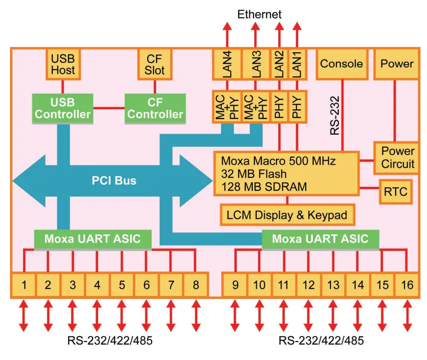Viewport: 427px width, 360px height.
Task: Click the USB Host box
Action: coord(63,64)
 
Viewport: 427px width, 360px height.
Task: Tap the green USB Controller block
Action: coord(63,108)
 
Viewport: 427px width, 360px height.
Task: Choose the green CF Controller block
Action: coord(155,108)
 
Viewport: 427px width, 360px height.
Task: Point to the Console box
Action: coord(341,64)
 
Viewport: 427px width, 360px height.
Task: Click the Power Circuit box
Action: coord(397,157)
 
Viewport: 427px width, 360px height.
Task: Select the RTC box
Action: coord(395,191)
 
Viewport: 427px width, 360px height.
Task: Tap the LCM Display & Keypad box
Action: coord(287,215)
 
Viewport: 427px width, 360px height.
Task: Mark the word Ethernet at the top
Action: coord(259,14)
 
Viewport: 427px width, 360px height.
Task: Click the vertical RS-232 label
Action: coord(334,116)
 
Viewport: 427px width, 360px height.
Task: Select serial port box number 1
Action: coord(24,285)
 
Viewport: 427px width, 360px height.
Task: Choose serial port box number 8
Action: coord(195,285)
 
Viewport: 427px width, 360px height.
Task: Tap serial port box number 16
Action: coord(407,285)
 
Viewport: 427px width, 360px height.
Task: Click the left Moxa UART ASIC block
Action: coord(92,239)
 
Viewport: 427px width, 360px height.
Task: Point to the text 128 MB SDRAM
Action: coord(264,187)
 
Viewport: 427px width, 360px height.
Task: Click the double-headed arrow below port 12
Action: coord(309,316)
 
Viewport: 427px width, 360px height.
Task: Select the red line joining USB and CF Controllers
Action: coord(109,108)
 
